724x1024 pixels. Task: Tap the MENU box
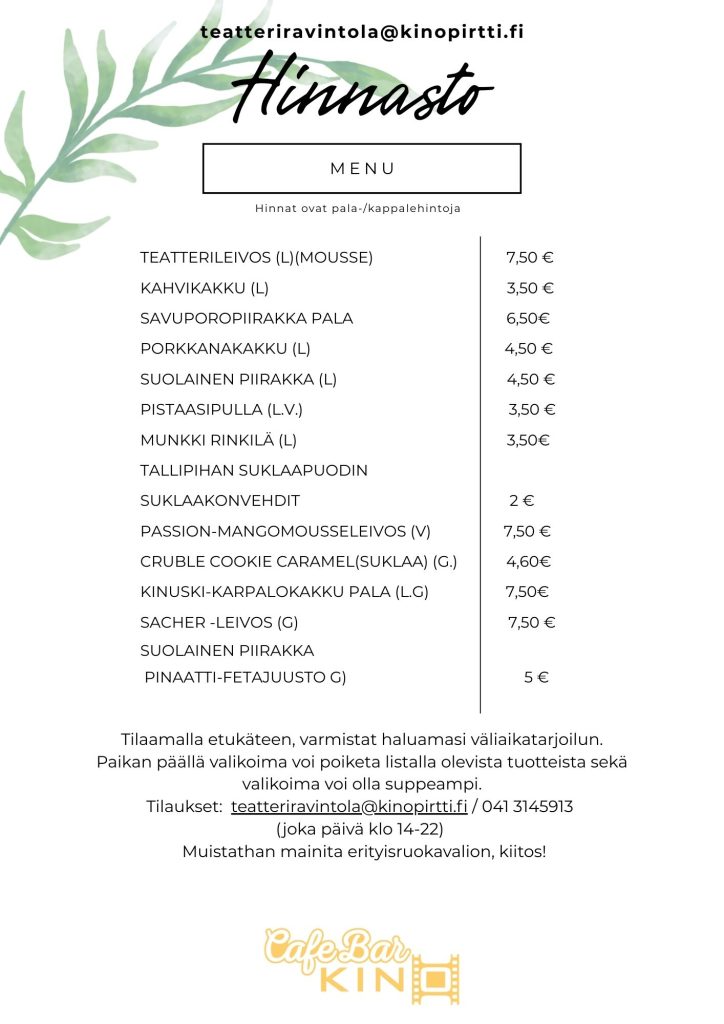362,168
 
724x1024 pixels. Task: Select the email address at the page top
362,31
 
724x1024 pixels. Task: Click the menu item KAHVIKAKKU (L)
205,288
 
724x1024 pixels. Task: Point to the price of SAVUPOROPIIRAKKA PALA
528,318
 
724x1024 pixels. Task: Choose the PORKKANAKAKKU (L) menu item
226,348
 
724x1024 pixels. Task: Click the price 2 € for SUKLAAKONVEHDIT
521,500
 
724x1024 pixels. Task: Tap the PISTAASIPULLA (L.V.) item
221,409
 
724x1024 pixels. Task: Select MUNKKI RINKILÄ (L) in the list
218,439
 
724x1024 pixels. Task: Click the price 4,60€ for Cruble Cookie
529,561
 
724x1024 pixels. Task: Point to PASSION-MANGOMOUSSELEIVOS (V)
285,530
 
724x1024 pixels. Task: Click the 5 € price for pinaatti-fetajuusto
536,677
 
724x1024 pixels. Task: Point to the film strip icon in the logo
438,977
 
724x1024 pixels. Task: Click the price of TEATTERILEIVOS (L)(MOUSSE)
530,257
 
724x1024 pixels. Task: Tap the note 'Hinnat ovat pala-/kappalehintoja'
362,208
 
